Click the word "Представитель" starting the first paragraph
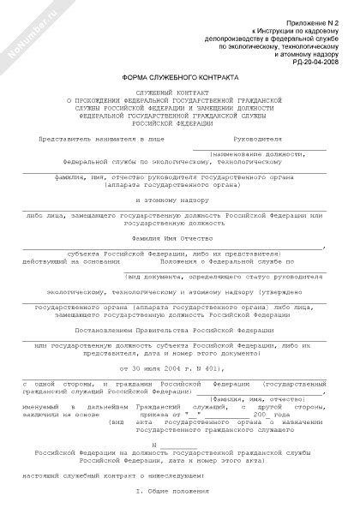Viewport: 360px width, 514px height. click(61, 138)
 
